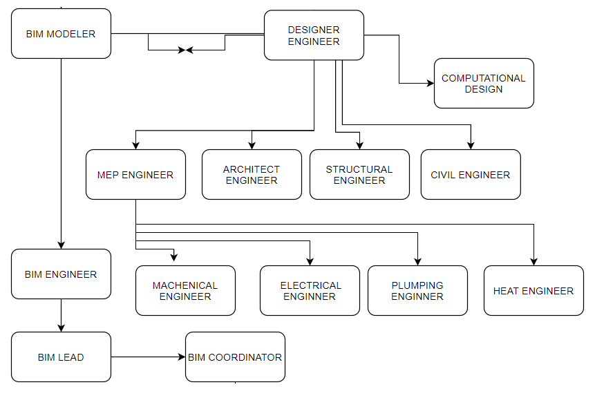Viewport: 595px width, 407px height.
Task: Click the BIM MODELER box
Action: pyautogui.click(x=61, y=33)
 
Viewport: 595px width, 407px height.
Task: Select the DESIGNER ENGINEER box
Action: pyautogui.click(x=314, y=35)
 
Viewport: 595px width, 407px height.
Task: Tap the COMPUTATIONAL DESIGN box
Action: pyautogui.click(x=484, y=83)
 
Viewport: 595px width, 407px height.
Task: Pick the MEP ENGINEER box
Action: pyautogui.click(x=135, y=175)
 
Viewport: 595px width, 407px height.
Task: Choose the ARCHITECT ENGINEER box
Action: pyautogui.click(x=252, y=175)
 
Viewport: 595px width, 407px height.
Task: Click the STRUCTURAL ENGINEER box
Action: pyautogui.click(x=359, y=175)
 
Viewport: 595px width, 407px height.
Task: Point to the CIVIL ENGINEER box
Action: pyautogui.click(x=471, y=175)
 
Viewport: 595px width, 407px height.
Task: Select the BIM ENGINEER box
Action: pyautogui.click(x=61, y=274)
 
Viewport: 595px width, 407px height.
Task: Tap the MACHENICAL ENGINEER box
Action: pyautogui.click(x=185, y=291)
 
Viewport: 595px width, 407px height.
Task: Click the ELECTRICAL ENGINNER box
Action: pyautogui.click(x=310, y=291)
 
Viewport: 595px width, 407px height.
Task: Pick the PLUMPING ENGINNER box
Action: pyautogui.click(x=417, y=291)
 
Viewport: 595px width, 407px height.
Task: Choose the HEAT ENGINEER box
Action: pyautogui.click(x=533, y=291)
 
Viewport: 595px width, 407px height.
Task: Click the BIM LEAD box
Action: pyautogui.click(x=61, y=357)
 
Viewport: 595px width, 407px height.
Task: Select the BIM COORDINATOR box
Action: pyautogui.click(x=235, y=357)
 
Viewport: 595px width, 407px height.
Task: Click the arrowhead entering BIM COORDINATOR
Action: pyautogui.click(x=182, y=357)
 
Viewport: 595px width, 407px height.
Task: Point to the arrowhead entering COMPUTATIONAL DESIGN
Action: pyautogui.click(x=430, y=84)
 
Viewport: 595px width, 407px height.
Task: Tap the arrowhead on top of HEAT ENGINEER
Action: pyautogui.click(x=533, y=261)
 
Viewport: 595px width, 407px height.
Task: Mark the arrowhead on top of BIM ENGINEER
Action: pyautogui.click(x=61, y=245)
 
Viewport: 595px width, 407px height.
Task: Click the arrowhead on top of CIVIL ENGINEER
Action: pyautogui.click(x=471, y=145)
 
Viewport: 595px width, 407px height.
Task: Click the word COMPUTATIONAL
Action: pyautogui.click(x=484, y=78)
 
